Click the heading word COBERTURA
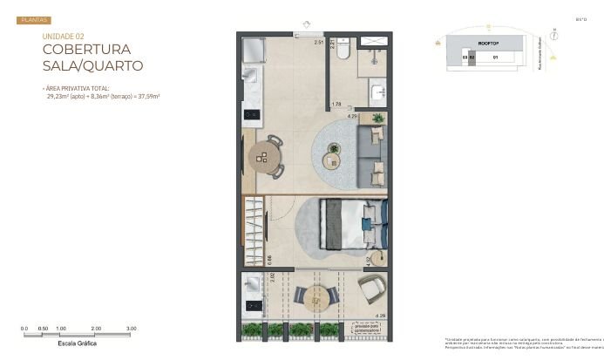pyautogui.click(x=85, y=49)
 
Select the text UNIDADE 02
pyautogui.click(x=63, y=36)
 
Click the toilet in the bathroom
pyautogui.click(x=343, y=53)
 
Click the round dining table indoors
pyautogui.click(x=264, y=157)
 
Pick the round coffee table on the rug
pyautogui.click(x=332, y=158)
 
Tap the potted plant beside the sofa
pyautogui.click(x=377, y=118)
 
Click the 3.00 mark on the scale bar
pyautogui.click(x=131, y=328)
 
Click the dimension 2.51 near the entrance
pyautogui.click(x=318, y=42)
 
